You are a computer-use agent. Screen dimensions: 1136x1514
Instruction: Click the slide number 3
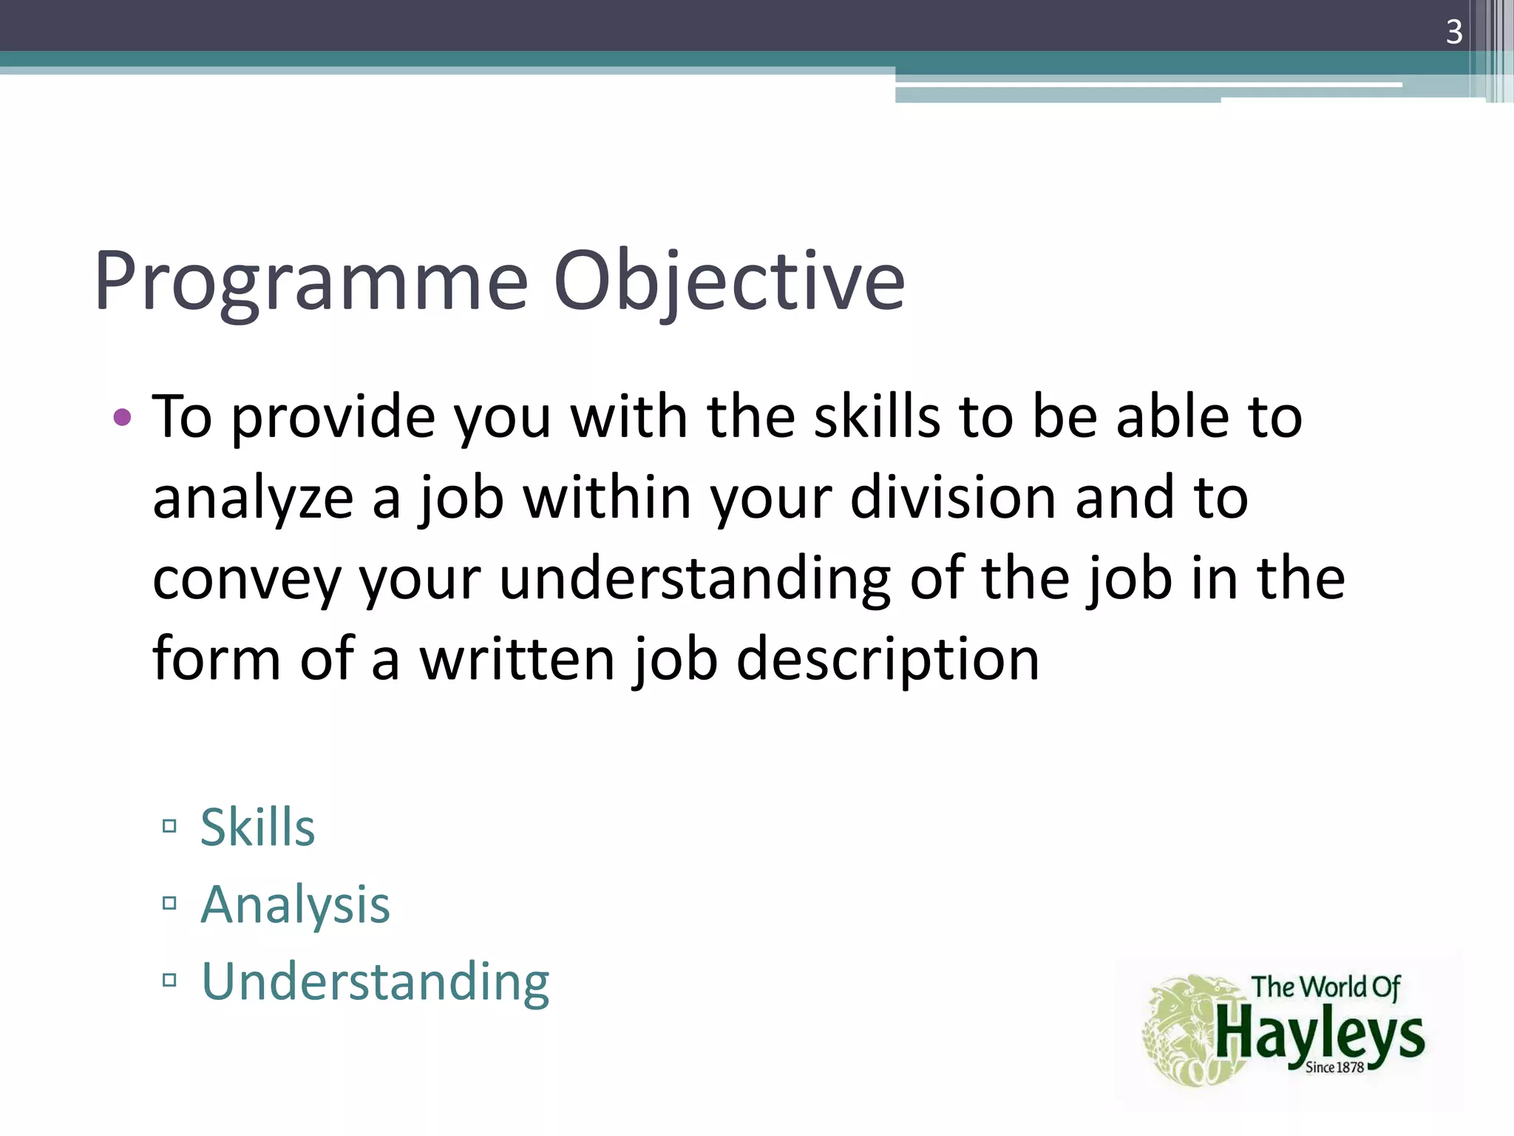click(x=1453, y=32)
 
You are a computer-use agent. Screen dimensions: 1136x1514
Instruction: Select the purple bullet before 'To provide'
click(x=123, y=418)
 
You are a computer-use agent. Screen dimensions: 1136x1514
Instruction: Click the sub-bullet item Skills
click(x=257, y=827)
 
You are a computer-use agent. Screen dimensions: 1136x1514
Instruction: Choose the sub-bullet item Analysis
click(x=295, y=905)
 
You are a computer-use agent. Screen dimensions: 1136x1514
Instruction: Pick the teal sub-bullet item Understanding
click(x=375, y=982)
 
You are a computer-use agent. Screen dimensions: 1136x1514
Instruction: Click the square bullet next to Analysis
click(x=169, y=903)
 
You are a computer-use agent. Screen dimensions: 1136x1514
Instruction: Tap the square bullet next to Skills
click(x=169, y=826)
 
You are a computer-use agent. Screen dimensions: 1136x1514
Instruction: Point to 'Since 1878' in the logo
click(x=1334, y=1067)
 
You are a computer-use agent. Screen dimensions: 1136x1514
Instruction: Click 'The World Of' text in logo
click(x=1325, y=987)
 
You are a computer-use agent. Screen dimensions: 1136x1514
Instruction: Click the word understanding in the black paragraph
click(x=695, y=578)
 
